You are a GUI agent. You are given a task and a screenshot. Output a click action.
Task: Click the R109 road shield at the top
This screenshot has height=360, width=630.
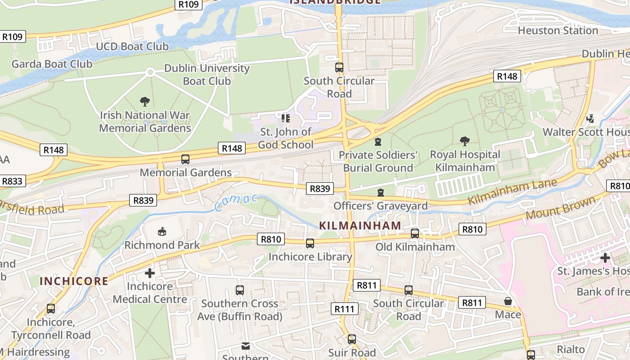(189, 4)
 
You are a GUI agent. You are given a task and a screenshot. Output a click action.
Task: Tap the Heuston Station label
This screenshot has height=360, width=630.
(558, 31)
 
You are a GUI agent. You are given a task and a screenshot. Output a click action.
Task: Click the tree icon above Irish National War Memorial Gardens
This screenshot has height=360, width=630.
(145, 101)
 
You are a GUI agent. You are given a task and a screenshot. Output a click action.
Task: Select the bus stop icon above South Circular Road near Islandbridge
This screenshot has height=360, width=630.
(339, 67)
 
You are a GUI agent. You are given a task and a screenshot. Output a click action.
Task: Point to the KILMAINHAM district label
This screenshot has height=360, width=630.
(360, 225)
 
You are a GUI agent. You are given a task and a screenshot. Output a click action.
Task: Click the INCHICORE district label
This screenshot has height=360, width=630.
(74, 281)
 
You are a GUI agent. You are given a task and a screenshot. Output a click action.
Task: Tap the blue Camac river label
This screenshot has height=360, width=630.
(236, 202)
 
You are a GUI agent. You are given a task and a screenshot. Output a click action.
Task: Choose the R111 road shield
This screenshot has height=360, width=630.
(345, 309)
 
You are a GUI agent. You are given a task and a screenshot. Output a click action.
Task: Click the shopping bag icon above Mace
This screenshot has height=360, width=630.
(508, 301)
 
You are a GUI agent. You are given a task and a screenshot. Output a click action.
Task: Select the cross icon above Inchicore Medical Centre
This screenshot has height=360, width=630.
(149, 273)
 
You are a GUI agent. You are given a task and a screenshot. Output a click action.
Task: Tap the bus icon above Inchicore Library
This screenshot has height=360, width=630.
(310, 243)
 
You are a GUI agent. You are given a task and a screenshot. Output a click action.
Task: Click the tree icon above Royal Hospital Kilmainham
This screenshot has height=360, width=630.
(465, 141)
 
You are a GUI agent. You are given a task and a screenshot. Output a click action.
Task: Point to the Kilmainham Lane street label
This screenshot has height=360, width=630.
(513, 192)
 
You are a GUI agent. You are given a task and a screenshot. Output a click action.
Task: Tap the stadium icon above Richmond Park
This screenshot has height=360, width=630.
(162, 232)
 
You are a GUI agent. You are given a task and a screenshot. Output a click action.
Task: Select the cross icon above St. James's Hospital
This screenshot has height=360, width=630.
(605, 258)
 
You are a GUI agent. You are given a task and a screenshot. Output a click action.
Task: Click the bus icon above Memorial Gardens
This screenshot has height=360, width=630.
(185, 159)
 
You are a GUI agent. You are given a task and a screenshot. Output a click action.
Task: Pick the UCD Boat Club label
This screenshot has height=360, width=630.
(132, 46)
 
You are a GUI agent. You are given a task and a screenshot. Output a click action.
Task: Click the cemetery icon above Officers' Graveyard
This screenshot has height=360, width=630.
(381, 193)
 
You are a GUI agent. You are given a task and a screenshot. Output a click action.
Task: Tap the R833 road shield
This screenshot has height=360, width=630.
(12, 181)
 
